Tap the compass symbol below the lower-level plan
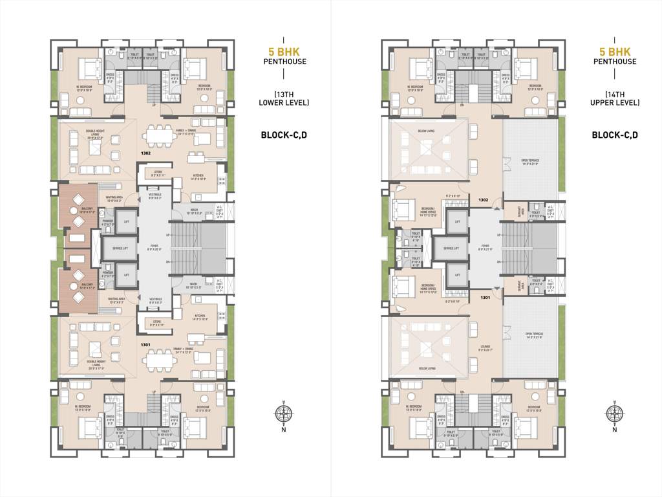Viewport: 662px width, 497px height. [283, 414]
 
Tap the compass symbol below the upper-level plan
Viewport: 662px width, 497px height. [614, 414]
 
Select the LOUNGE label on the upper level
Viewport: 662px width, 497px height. [486, 348]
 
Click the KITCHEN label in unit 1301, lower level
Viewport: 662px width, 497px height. [198, 318]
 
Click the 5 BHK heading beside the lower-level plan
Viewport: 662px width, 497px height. [283, 50]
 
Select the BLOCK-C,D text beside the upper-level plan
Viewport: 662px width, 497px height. [614, 135]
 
